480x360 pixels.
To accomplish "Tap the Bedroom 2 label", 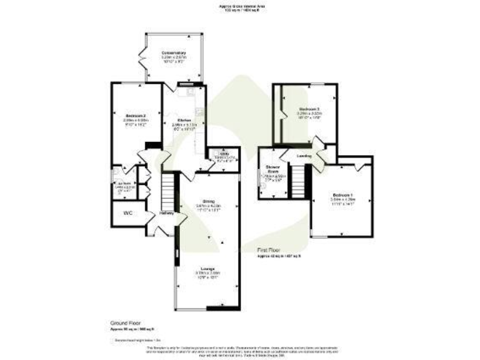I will tap(135, 116).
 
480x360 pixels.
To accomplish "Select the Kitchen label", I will tap(184, 120).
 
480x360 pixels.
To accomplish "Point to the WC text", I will tap(128, 213).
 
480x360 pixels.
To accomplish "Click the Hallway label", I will tap(166, 213).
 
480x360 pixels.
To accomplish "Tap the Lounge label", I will tap(208, 268).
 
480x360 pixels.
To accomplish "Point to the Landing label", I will tap(304, 156).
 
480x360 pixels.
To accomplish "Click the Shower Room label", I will tap(272, 169).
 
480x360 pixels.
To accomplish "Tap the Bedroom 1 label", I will tap(341, 194).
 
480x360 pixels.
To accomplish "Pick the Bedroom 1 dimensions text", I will tap(341, 201).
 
